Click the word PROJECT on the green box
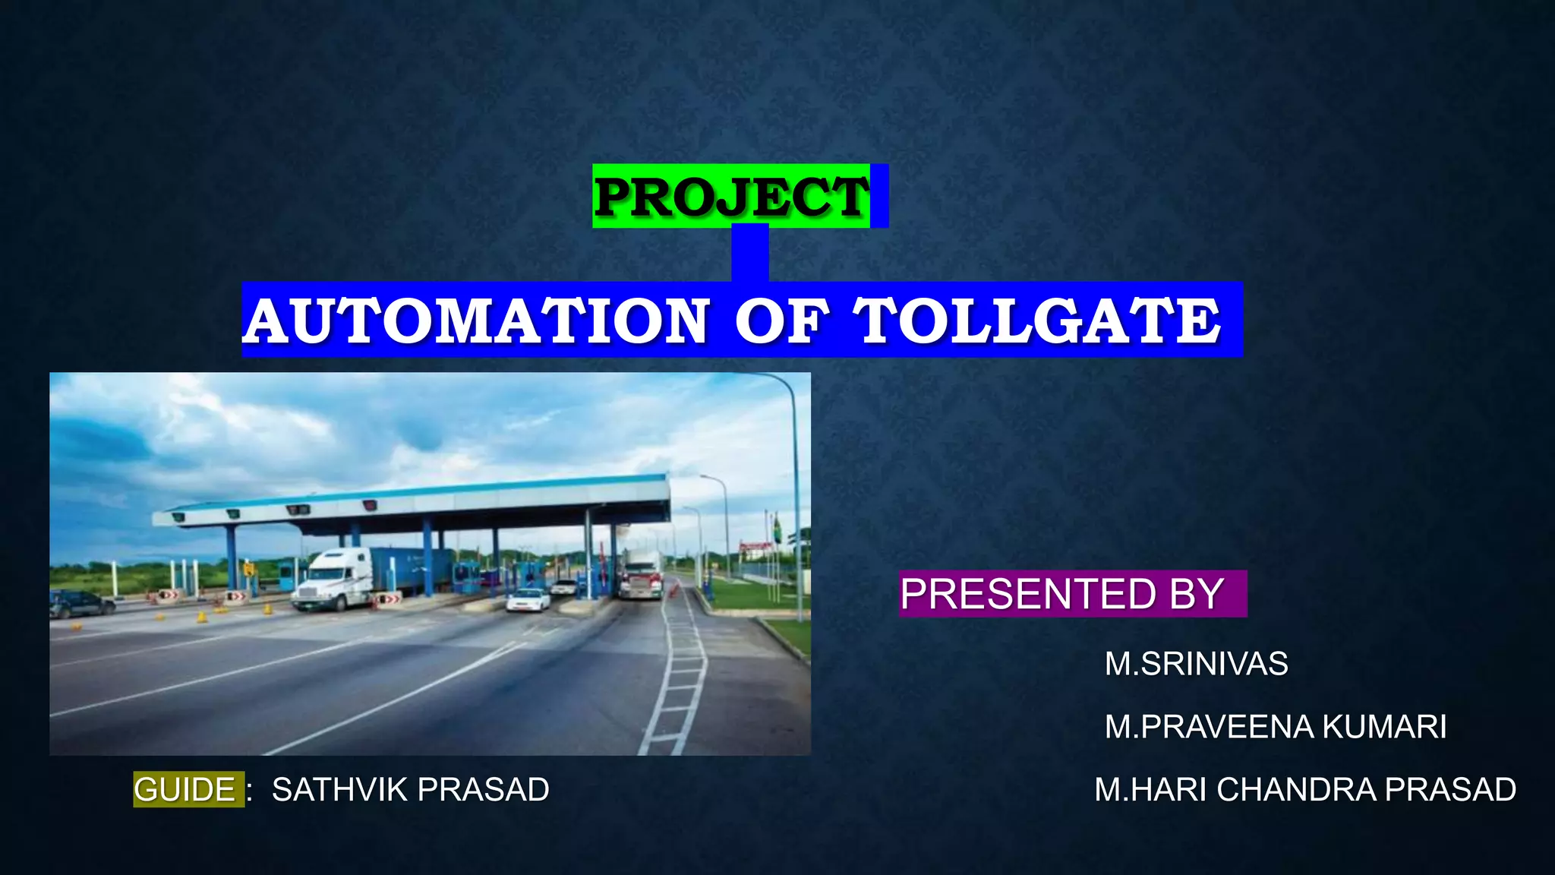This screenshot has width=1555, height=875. click(x=730, y=197)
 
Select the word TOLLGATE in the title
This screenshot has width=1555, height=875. click(x=1037, y=321)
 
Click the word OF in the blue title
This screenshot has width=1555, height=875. click(x=781, y=321)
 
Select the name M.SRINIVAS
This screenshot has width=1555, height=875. click(x=1196, y=664)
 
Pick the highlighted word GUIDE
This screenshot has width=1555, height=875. click(x=185, y=790)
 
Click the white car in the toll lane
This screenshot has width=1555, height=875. click(x=528, y=600)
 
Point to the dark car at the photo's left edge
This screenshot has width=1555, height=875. click(x=80, y=604)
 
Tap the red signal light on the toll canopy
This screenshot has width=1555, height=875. click(x=370, y=505)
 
